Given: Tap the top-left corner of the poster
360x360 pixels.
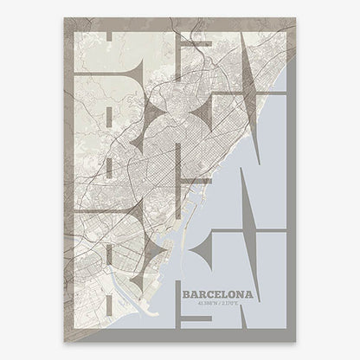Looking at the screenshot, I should coord(65,17).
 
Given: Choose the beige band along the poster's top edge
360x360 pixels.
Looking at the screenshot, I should coord(173,23).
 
